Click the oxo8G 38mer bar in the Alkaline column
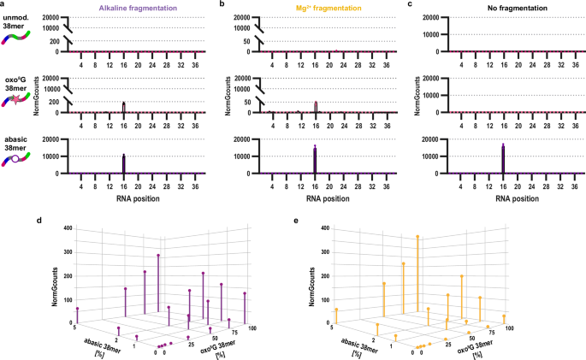pos(124,107)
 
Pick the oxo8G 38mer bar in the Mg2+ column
pos(315,107)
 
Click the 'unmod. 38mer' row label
pos(18,24)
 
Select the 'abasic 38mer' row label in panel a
pos(18,142)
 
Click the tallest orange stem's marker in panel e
pos(417,236)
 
